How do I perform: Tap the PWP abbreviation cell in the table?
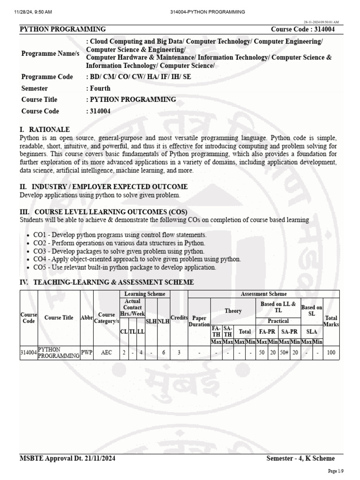[x=87, y=352]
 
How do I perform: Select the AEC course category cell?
[x=106, y=352]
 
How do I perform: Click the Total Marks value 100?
[x=331, y=352]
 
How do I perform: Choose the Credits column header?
[x=179, y=317]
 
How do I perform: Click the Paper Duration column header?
[x=199, y=321]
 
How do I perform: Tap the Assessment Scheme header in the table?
[x=264, y=294]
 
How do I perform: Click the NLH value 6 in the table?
[x=163, y=352]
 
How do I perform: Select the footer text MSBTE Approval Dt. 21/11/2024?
[x=68, y=458]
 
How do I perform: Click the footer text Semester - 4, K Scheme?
[x=300, y=458]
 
